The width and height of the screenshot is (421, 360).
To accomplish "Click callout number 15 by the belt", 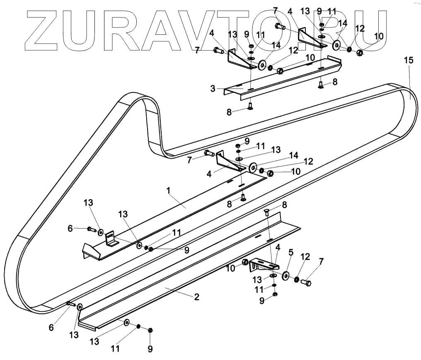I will tap(408, 60).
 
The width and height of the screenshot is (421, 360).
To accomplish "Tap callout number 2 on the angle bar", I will tap(196, 297).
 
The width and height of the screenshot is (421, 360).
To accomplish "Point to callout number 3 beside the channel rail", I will tap(213, 88).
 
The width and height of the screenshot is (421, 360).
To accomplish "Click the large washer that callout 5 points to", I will tap(286, 276).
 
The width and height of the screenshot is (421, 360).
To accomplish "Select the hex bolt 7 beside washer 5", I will tap(307, 283).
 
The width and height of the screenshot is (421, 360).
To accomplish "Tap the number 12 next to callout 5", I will tap(305, 257).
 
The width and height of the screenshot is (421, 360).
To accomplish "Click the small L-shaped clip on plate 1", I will tap(111, 239).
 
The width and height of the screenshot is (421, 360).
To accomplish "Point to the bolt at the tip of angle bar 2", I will tap(71, 304).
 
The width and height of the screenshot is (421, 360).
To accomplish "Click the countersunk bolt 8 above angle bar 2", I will tap(267, 212).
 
